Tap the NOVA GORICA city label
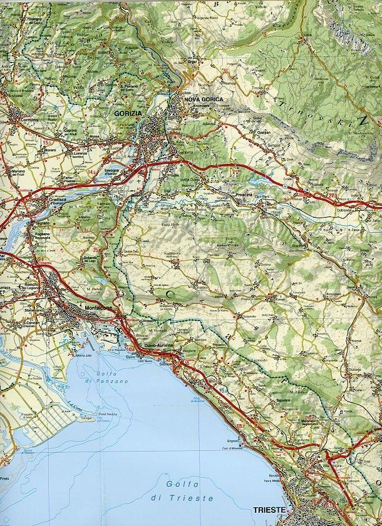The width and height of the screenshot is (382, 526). click(200, 99)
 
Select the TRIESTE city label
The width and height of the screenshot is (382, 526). click(270, 510)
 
